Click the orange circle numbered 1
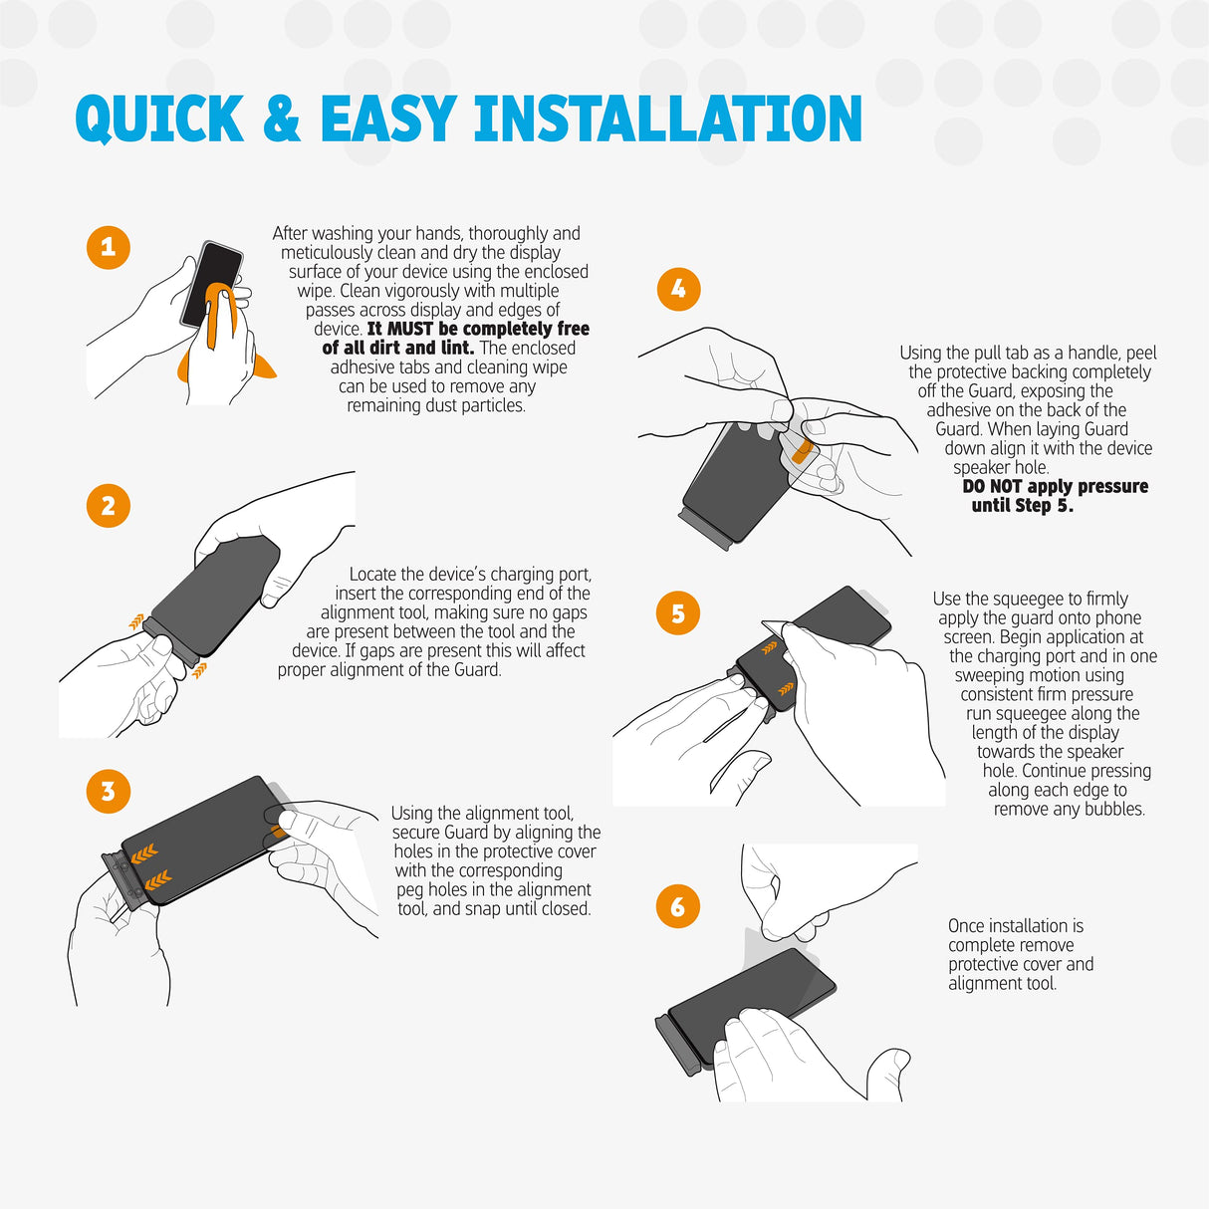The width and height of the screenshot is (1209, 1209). pyautogui.click(x=108, y=247)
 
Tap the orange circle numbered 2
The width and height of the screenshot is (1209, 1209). pyautogui.click(x=108, y=506)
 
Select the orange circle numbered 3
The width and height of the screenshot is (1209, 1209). pyautogui.click(x=108, y=791)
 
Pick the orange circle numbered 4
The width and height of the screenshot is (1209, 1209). pyautogui.click(x=678, y=289)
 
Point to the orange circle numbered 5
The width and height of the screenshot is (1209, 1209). pyautogui.click(x=677, y=613)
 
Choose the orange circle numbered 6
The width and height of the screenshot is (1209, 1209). pyautogui.click(x=677, y=906)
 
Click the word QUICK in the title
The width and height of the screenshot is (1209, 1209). pyautogui.click(x=159, y=120)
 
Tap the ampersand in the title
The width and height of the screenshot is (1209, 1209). pyautogui.click(x=282, y=119)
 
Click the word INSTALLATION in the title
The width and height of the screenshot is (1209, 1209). pyautogui.click(x=668, y=119)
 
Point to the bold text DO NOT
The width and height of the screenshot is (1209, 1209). pyautogui.click(x=992, y=486)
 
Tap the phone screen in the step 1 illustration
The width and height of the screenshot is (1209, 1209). pyautogui.click(x=211, y=284)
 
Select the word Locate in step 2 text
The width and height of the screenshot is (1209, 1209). pyautogui.click(x=371, y=574)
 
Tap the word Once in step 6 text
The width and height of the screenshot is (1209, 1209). pyautogui.click(x=966, y=926)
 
